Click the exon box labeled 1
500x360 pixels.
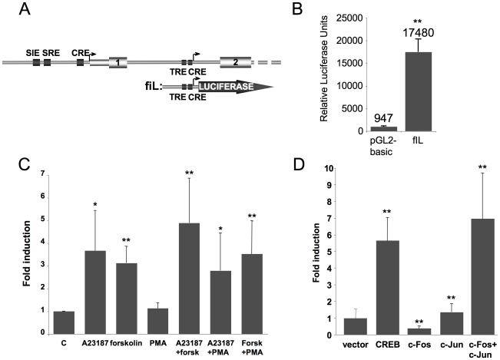[118, 61]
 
